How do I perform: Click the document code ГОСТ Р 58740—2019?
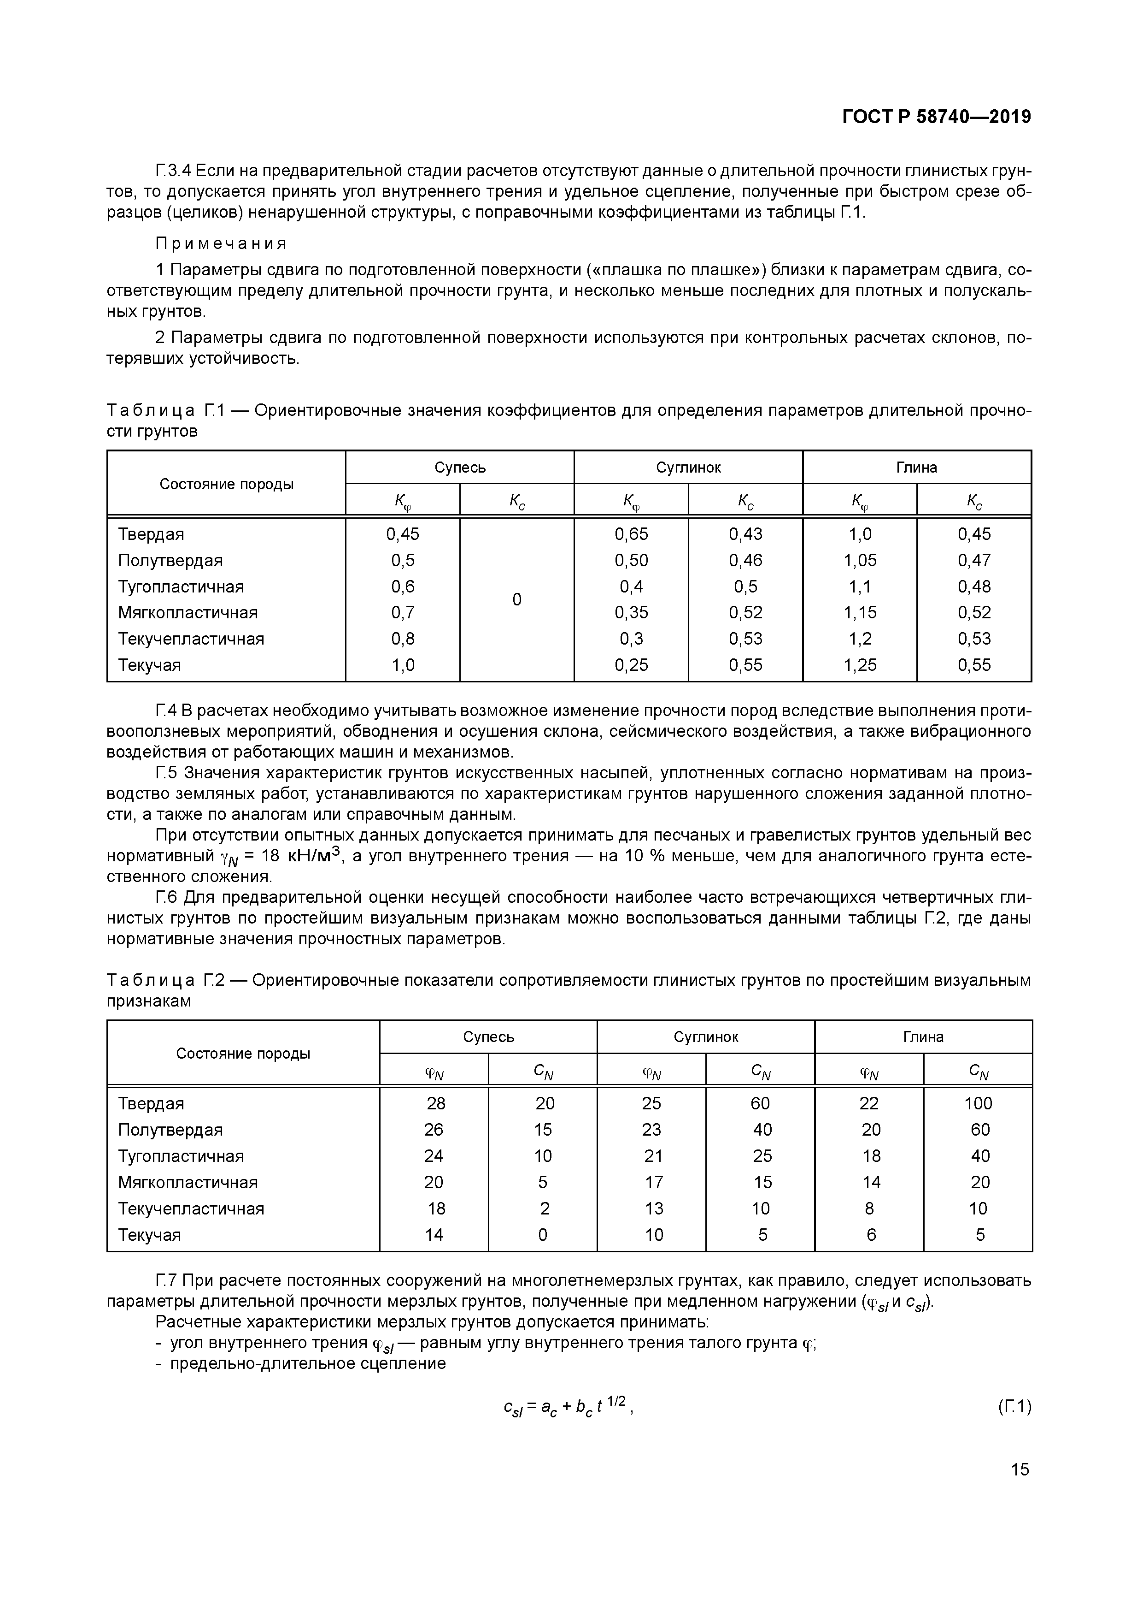(x=936, y=117)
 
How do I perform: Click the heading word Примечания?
(x=221, y=243)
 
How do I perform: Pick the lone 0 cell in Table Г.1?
(x=516, y=599)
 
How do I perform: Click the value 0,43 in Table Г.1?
(x=745, y=534)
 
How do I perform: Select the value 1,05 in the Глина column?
(x=860, y=561)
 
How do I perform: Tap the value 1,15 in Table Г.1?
(x=860, y=613)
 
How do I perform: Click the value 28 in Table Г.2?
(x=436, y=1103)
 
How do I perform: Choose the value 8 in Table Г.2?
(x=869, y=1208)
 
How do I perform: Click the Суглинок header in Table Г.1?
(x=688, y=468)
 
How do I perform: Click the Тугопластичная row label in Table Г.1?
(x=181, y=586)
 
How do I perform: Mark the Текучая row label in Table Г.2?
(x=149, y=1235)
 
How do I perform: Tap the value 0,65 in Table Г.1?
(x=631, y=534)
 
